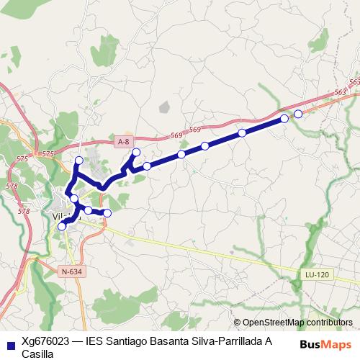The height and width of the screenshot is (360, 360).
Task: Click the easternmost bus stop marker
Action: [298, 114]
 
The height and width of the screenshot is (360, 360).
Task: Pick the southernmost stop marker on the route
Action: [62, 226]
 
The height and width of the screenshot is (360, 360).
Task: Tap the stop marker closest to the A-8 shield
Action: [136, 153]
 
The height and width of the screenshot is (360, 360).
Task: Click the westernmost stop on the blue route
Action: [62, 226]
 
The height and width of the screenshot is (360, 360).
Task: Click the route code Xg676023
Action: [45, 342]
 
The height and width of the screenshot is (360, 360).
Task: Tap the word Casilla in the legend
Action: [37, 354]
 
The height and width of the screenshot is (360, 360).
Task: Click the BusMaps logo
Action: [327, 344]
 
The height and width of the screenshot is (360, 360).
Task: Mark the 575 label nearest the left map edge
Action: [21, 158]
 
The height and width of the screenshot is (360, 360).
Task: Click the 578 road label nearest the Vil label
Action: [24, 212]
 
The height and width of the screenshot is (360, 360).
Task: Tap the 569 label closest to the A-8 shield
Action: [177, 136]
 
